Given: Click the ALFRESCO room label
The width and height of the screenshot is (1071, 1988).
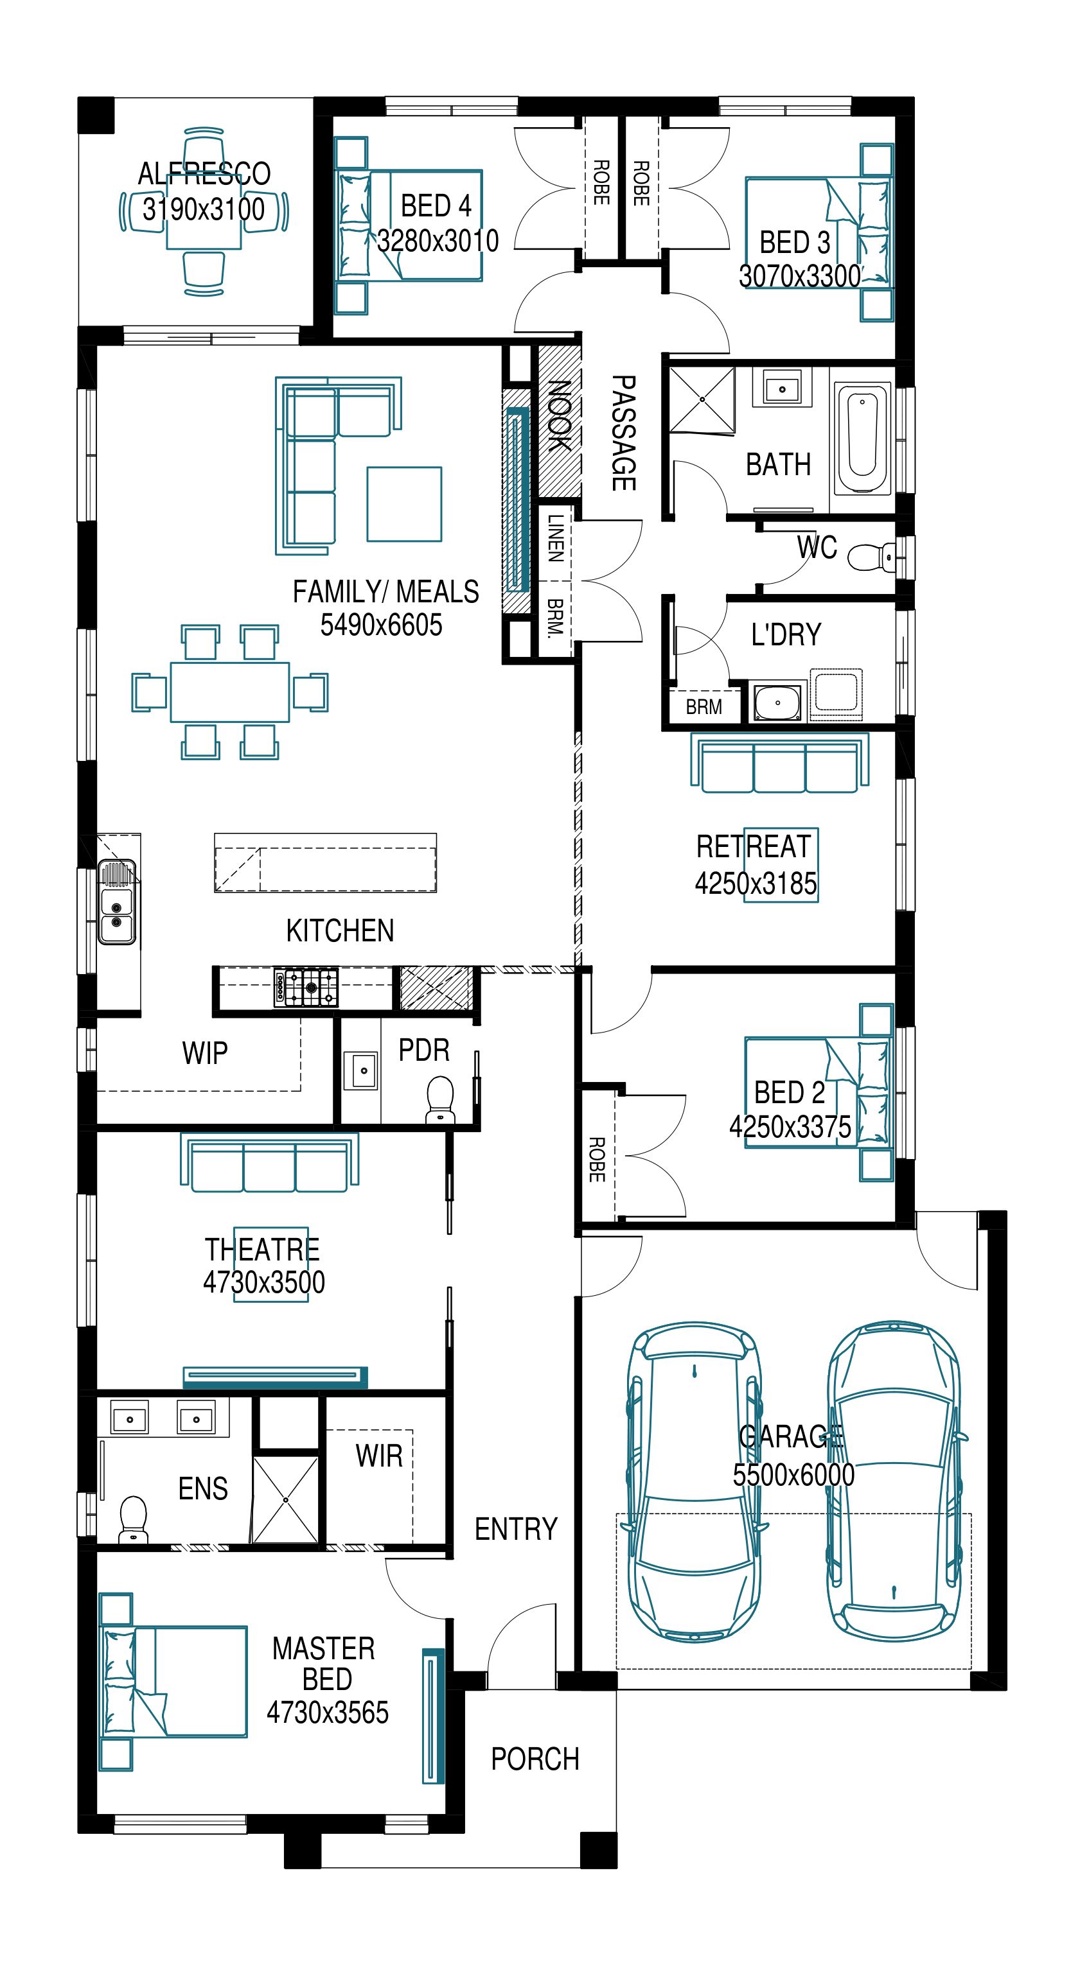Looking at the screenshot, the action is [x=204, y=173].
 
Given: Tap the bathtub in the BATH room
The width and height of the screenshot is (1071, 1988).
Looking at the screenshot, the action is [x=862, y=440].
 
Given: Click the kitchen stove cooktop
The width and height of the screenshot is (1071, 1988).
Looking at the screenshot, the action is [x=306, y=987].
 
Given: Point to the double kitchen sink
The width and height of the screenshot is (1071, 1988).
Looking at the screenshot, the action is [x=116, y=901].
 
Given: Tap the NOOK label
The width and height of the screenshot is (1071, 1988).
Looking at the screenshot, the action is [x=559, y=415].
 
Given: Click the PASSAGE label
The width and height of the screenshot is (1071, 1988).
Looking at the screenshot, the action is [x=624, y=433].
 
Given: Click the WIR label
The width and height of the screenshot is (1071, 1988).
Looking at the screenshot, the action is [x=379, y=1456].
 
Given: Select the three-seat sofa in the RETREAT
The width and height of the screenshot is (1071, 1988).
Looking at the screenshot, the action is [x=780, y=762].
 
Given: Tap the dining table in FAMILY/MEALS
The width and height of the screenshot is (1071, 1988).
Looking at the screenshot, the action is [x=230, y=692].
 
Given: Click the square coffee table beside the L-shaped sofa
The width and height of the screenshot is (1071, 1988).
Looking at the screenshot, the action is [x=405, y=504].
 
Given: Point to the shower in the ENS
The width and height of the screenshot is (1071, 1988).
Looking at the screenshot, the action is [x=286, y=1499].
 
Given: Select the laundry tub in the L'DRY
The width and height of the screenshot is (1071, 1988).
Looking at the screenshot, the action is [x=777, y=702].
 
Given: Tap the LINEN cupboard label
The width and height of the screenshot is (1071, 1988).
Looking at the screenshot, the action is [x=555, y=538].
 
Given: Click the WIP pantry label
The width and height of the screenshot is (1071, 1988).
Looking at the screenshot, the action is [x=204, y=1052].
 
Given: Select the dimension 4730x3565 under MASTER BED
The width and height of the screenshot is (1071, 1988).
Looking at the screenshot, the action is [x=328, y=1712].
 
